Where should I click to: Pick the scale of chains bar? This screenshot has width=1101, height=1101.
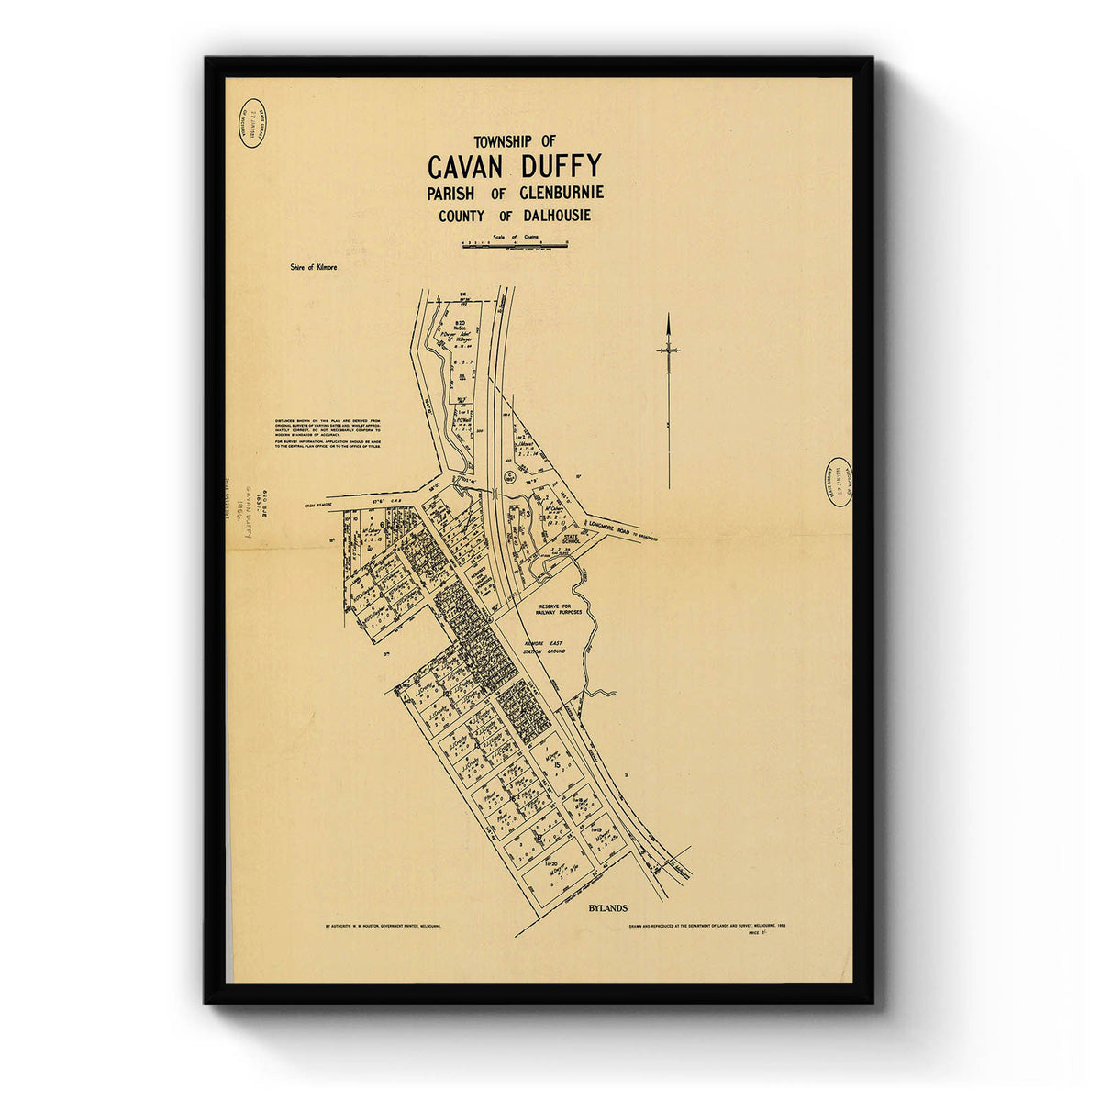515,245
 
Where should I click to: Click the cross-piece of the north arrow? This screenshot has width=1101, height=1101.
669,350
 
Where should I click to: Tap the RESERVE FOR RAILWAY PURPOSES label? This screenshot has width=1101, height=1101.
554,610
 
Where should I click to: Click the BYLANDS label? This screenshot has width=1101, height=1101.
606,908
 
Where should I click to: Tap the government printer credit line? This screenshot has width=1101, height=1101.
383,927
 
